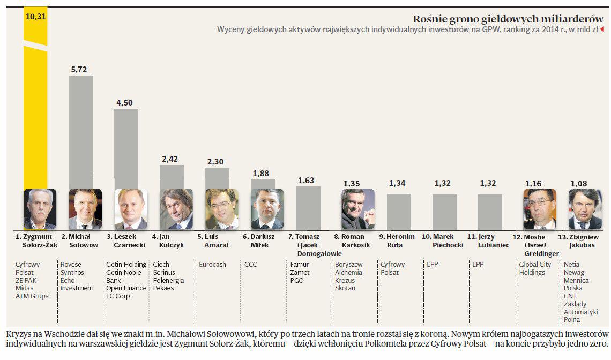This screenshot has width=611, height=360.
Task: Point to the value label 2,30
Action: pos(217,162)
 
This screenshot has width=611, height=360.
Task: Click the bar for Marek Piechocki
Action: pos(444,212)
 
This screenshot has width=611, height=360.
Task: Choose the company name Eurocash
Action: pos(212,265)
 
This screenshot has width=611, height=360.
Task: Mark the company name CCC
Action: pos(251,265)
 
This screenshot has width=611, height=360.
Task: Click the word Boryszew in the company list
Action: pos(348,265)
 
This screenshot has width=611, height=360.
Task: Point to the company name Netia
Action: pos(571,265)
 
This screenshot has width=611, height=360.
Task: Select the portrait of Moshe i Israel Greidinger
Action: pos(539,209)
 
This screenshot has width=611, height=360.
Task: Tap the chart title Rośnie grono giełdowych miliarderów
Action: pos(508,19)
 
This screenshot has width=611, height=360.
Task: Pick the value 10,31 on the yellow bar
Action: pos(36,17)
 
